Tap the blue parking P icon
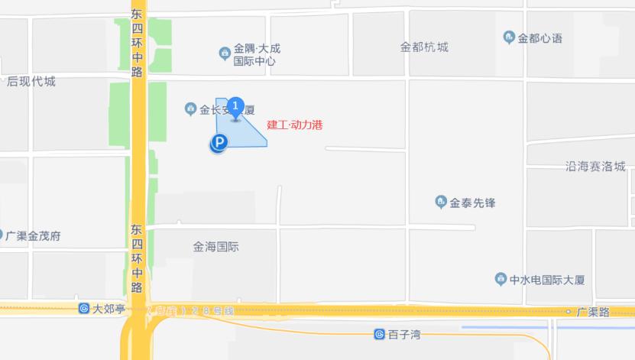click(x=219, y=142)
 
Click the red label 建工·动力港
click(x=295, y=125)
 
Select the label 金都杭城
click(x=424, y=47)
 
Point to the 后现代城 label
click(x=31, y=82)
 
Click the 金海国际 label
click(x=216, y=247)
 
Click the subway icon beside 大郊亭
click(x=83, y=309)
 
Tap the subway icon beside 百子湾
click(x=379, y=334)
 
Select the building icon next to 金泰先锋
click(x=440, y=202)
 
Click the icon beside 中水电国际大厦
click(x=501, y=279)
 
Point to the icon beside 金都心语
click(x=509, y=37)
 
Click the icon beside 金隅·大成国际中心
click(x=225, y=53)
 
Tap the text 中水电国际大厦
click(x=548, y=280)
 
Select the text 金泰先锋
click(x=473, y=203)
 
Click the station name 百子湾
click(x=405, y=335)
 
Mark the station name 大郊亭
click(x=109, y=309)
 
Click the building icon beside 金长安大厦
click(x=191, y=109)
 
